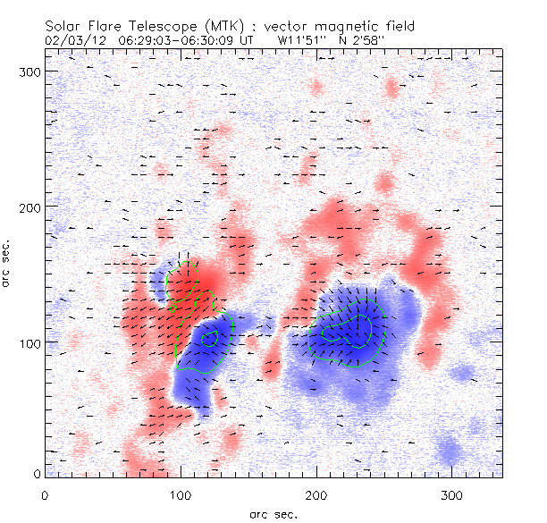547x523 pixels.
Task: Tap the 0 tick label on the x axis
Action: [45, 493]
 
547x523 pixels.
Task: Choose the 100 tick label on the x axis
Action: [181, 493]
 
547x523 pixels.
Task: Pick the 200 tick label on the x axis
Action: [316, 493]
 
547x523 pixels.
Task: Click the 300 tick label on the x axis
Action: [452, 493]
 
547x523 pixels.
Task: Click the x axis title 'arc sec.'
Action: [273, 513]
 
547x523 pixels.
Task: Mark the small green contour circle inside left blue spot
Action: [209, 338]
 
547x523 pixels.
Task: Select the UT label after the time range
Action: [249, 40]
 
